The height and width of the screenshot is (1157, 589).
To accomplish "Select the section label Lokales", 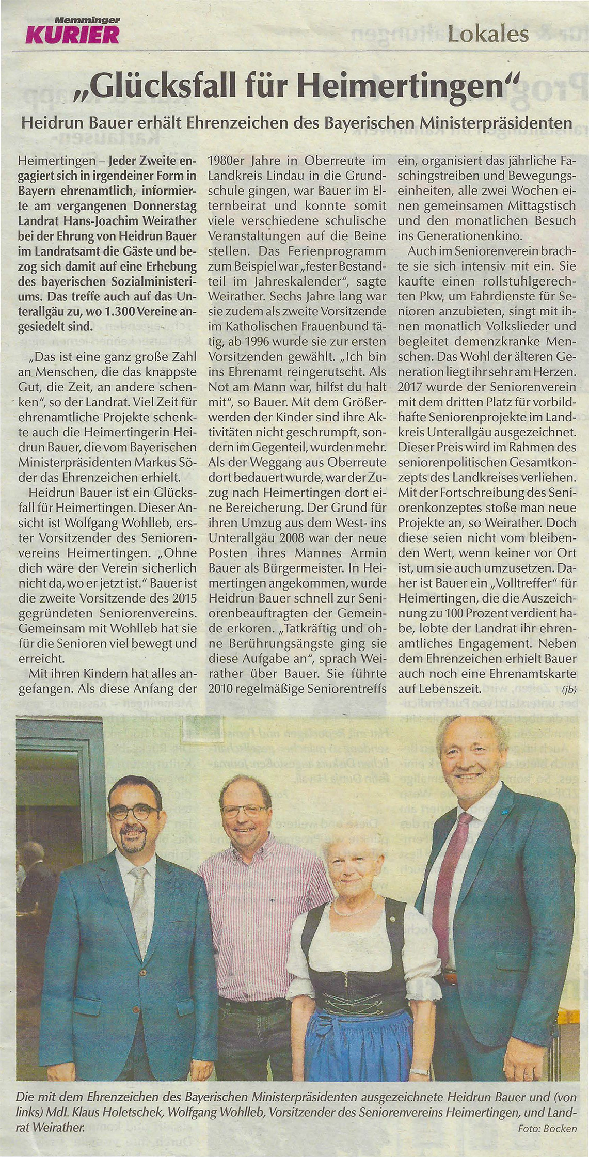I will pyautogui.click(x=488, y=34).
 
